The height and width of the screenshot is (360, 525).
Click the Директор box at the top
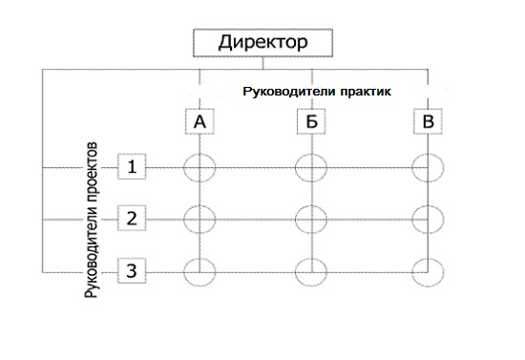click(262, 43)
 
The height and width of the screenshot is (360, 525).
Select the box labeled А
click(199, 122)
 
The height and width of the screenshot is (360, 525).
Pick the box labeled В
click(427, 122)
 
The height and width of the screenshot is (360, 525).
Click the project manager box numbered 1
click(133, 167)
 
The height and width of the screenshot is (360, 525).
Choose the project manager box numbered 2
click(133, 219)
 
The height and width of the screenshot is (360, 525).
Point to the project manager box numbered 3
click(133, 271)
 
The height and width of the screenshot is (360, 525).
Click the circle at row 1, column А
click(199, 168)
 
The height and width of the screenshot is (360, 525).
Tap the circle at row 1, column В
click(427, 168)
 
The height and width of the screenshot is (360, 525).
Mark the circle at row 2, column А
click(199, 219)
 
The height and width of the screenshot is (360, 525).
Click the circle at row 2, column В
click(427, 219)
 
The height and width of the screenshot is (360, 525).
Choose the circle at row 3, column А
click(199, 271)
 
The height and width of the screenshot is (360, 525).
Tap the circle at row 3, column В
click(427, 271)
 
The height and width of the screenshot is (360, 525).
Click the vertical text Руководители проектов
click(93, 224)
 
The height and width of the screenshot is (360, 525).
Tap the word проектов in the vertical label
click(93, 177)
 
